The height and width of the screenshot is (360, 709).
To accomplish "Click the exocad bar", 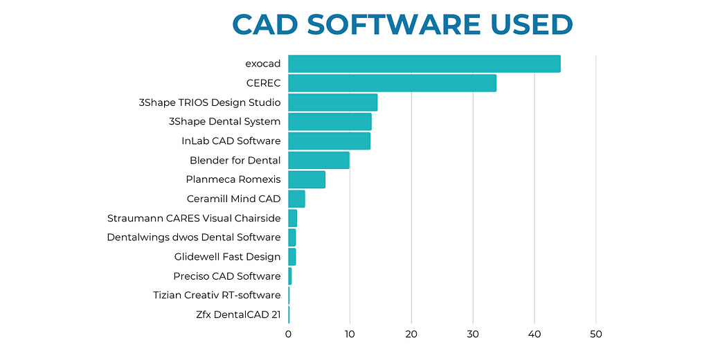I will click(424, 64).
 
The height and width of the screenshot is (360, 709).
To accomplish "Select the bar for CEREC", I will click(392, 83).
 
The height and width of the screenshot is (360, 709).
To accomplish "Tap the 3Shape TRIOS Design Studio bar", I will click(332, 102).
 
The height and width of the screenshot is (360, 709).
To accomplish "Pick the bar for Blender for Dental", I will click(318, 160).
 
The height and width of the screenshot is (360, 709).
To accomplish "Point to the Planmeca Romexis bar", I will click(306, 179).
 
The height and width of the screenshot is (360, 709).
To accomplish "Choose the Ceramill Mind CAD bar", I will click(296, 199).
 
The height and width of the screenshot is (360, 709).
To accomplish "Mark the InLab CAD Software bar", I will click(329, 141).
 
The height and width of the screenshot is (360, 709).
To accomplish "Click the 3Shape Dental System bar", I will click(330, 122).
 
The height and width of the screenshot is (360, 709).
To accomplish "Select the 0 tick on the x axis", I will click(288, 334).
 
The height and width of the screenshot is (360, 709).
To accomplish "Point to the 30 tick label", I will click(473, 334).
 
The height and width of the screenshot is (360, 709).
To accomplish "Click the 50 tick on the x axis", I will click(596, 334).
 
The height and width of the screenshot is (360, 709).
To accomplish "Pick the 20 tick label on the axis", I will click(411, 334).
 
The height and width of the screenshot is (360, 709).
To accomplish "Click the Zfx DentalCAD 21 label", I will click(238, 315).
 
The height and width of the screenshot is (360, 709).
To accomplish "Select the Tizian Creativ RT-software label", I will click(217, 296).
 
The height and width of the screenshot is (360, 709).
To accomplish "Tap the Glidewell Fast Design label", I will click(227, 257).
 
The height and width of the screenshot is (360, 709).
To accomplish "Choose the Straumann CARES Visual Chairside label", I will click(194, 218).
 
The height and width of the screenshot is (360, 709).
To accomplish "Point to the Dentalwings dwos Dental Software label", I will click(194, 237).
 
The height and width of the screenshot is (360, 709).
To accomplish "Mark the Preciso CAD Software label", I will click(227, 276).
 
